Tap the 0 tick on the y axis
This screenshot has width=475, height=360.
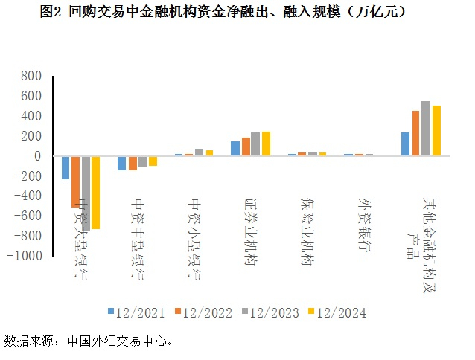coord(37,156)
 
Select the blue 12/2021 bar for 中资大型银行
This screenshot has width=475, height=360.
coord(66,167)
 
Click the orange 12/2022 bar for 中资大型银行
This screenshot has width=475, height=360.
coord(75,181)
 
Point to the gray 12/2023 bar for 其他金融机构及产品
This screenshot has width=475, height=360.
coord(426,129)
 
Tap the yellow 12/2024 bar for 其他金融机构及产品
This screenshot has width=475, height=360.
coord(436,131)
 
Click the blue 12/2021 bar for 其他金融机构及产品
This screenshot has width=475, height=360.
coord(405,144)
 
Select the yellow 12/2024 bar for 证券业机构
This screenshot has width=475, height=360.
coord(266,144)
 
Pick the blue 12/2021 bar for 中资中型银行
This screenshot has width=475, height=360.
coord(122,163)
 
